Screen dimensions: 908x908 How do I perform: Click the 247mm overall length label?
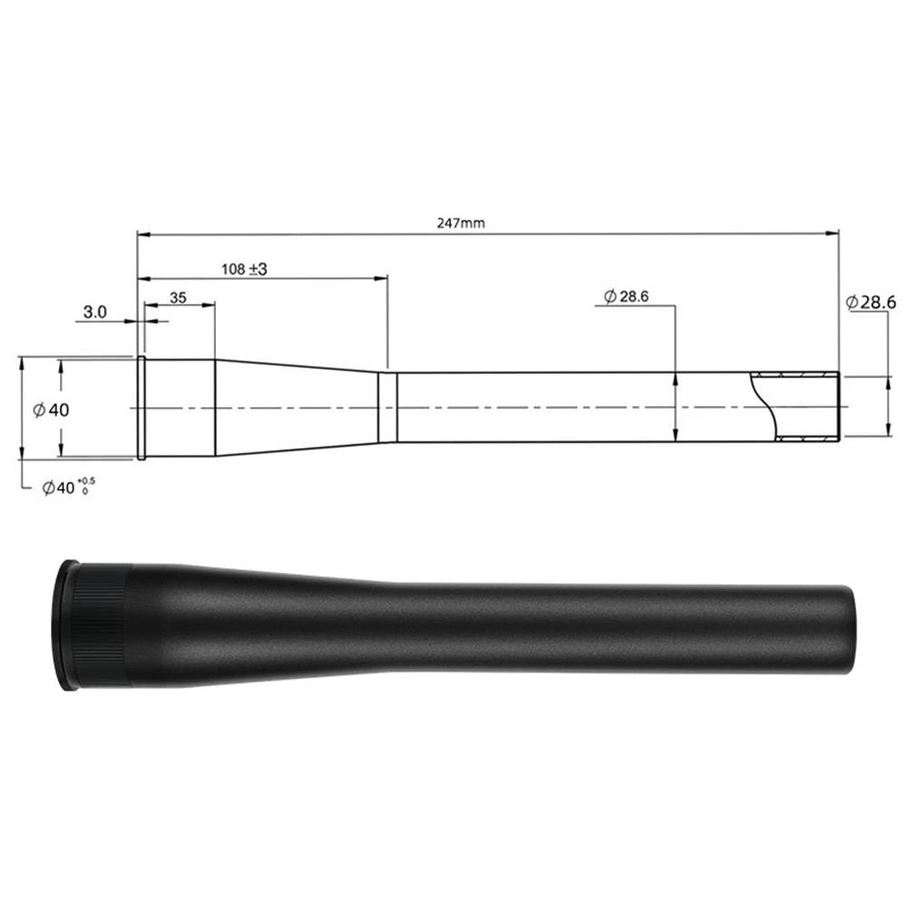tap(461, 222)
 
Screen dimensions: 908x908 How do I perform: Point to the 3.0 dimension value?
tap(95, 312)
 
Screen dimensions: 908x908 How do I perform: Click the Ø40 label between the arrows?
tap(51, 410)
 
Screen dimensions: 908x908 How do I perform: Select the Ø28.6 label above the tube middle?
tap(626, 296)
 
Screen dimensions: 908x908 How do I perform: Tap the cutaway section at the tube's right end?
tap(798, 406)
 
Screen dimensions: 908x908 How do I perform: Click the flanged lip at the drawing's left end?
tap(142, 407)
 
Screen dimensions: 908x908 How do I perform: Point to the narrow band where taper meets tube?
tap(387, 406)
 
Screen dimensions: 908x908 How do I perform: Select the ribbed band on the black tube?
tap(102, 624)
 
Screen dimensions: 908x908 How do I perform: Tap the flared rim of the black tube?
tap(63, 624)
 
